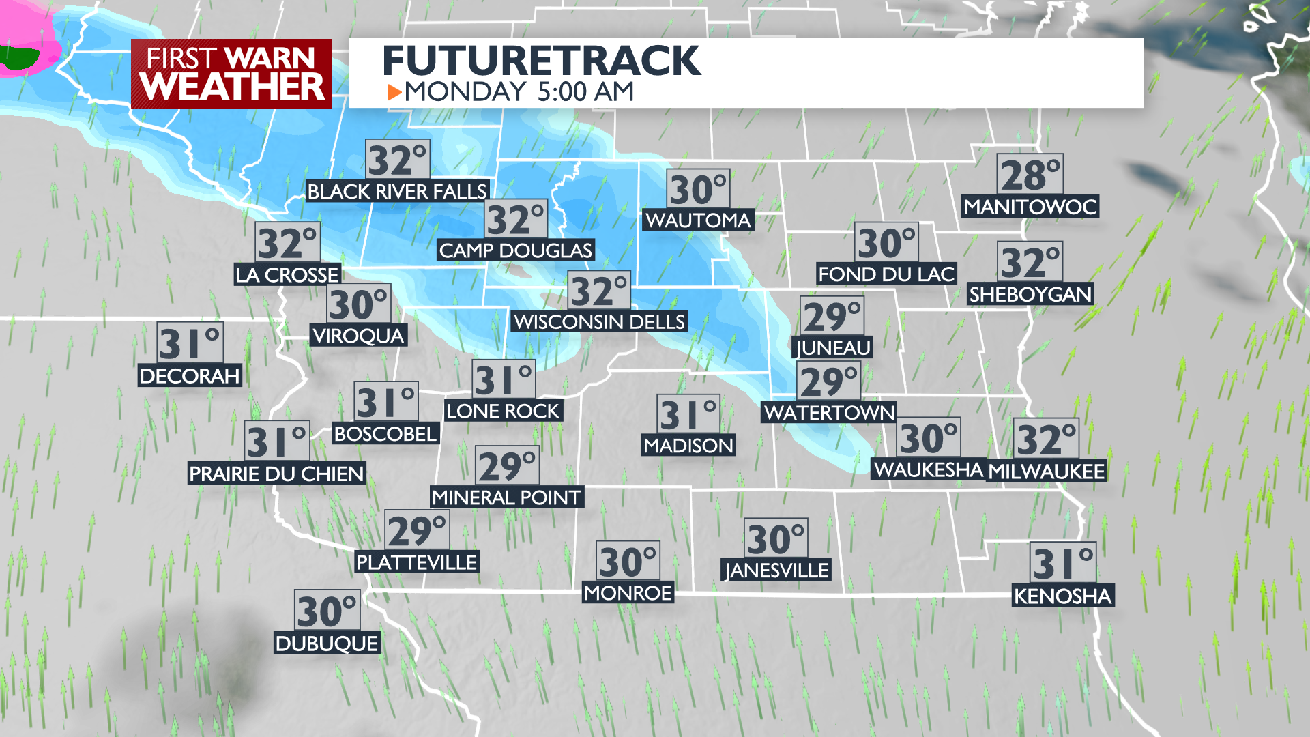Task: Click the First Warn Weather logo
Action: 231,74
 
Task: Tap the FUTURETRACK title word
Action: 541,61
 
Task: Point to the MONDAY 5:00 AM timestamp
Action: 519,91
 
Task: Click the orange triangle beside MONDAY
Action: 394,91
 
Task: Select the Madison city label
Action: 688,446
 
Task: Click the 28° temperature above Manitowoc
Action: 1030,175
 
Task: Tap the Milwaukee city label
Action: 1046,471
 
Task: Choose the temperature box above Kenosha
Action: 1062,563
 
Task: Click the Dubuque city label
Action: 327,643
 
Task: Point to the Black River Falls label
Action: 397,191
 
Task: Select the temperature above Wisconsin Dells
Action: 599,291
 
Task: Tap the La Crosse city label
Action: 287,274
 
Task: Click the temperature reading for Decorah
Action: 190,343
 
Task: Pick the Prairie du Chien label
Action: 276,474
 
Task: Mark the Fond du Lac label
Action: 886,274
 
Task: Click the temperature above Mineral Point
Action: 508,466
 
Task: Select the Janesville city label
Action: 776,570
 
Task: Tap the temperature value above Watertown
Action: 828,381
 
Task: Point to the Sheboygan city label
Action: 1030,294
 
